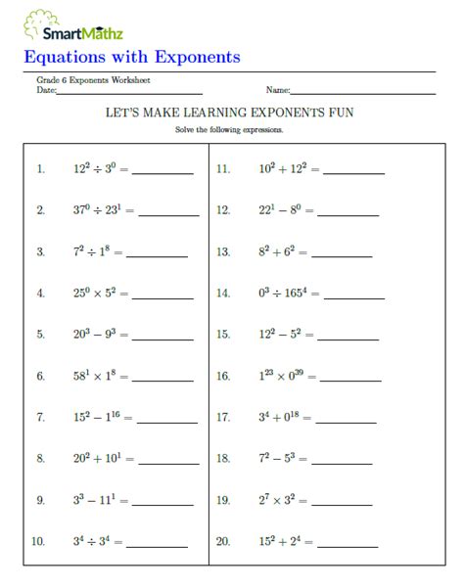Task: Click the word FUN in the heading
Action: point(337,113)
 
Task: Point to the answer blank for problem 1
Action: point(162,172)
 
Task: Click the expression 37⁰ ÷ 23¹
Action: point(96,210)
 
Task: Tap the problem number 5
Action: point(40,335)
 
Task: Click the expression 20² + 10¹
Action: point(96,459)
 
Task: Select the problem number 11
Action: point(223,168)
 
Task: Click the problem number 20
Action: point(223,542)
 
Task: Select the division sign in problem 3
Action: point(93,252)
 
